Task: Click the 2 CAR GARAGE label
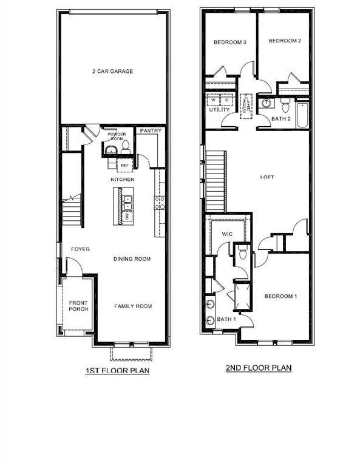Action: click(x=112, y=71)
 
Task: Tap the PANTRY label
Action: click(x=151, y=130)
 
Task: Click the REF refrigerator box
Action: click(x=124, y=165)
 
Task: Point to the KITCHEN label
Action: click(x=122, y=180)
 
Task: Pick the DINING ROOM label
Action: click(x=132, y=259)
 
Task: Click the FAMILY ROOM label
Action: click(x=133, y=306)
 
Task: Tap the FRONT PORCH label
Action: click(x=78, y=306)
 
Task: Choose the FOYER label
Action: click(x=81, y=249)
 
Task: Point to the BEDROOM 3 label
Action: click(x=229, y=42)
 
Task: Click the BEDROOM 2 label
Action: click(x=285, y=41)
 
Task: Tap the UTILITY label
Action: click(x=219, y=110)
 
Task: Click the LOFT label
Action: click(x=267, y=177)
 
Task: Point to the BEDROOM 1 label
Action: click(x=280, y=296)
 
